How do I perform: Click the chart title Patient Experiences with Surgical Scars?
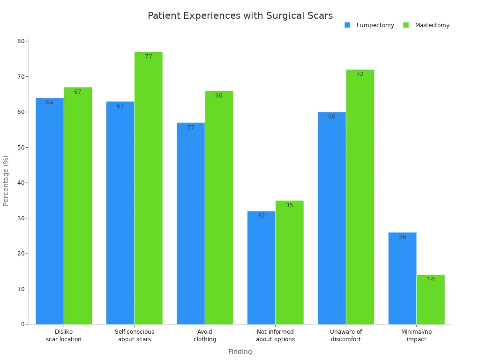tap(240, 15)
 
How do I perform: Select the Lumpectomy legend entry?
tap(375, 25)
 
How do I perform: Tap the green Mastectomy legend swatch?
tap(406, 25)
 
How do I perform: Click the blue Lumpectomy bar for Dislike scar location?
tap(50, 211)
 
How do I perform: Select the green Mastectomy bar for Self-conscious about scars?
tap(148, 188)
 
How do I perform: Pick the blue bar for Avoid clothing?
tap(191, 223)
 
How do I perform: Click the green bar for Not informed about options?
tap(289, 262)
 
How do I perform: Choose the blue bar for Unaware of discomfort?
tap(332, 218)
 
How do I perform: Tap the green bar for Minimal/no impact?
tap(430, 300)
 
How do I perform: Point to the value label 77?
tap(148, 57)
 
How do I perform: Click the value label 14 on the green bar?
tap(430, 279)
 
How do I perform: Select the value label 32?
tap(261, 216)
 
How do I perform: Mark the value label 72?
tap(360, 74)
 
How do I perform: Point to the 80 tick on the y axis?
tap(21, 41)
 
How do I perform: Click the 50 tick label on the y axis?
tap(21, 147)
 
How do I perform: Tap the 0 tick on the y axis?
tap(22, 324)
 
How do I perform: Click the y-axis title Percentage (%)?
tap(6, 180)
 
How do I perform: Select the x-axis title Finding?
tap(240, 352)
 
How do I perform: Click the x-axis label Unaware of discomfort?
tap(346, 335)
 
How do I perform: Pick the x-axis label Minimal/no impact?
tap(416, 335)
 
